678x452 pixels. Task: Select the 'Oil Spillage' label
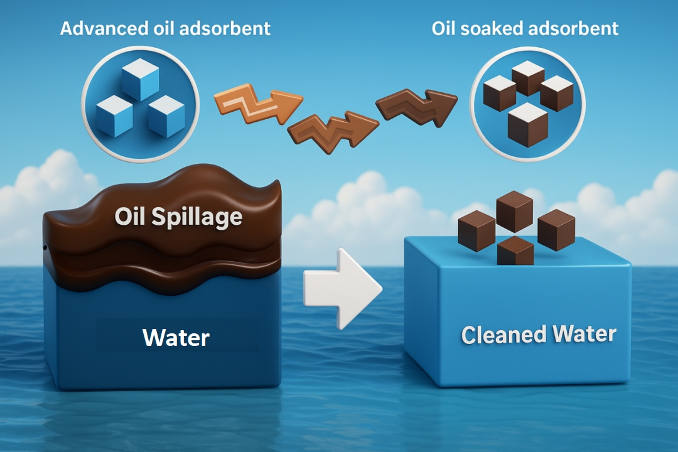[178, 217]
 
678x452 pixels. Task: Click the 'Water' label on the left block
[176, 338]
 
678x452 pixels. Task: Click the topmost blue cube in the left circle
[139, 79]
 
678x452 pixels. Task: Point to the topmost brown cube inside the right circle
[527, 78]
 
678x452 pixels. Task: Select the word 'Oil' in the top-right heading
[443, 28]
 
